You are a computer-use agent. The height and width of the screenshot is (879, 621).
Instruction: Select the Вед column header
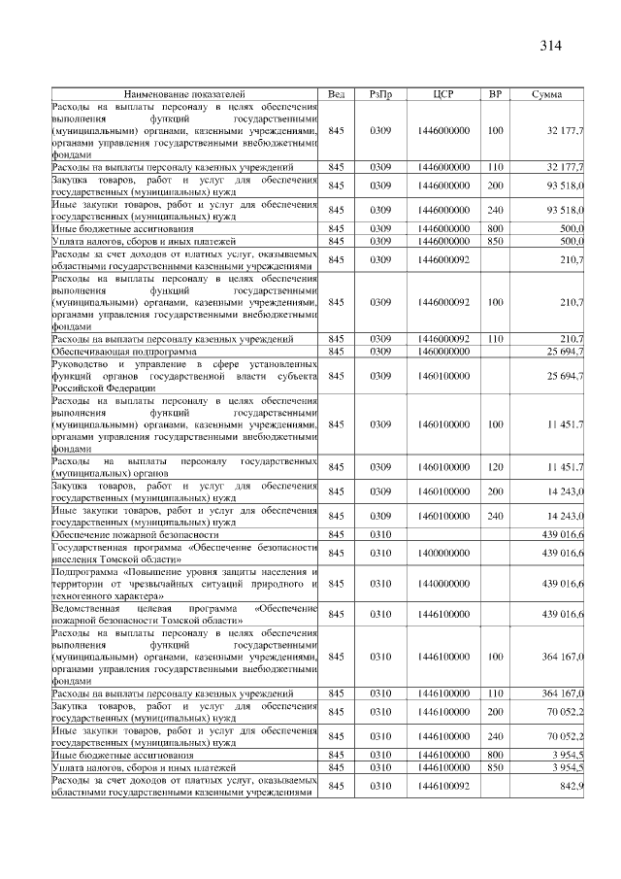tap(337, 93)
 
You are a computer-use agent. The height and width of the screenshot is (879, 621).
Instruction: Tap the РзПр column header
tap(380, 93)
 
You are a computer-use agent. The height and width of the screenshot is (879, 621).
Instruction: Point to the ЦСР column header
tap(442, 93)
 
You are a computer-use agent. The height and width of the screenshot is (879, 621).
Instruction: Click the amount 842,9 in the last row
tap(572, 785)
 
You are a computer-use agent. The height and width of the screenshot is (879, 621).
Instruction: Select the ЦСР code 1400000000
tap(442, 553)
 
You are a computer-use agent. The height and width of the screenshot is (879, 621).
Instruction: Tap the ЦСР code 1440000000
tap(442, 584)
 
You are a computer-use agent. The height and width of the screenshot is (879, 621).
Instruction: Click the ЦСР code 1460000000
tap(442, 351)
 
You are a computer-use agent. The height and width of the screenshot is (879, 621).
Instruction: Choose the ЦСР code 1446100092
tap(442, 785)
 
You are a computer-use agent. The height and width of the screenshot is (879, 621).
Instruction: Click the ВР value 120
tap(495, 467)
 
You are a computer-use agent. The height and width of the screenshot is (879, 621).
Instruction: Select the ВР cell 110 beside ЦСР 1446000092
tap(495, 339)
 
